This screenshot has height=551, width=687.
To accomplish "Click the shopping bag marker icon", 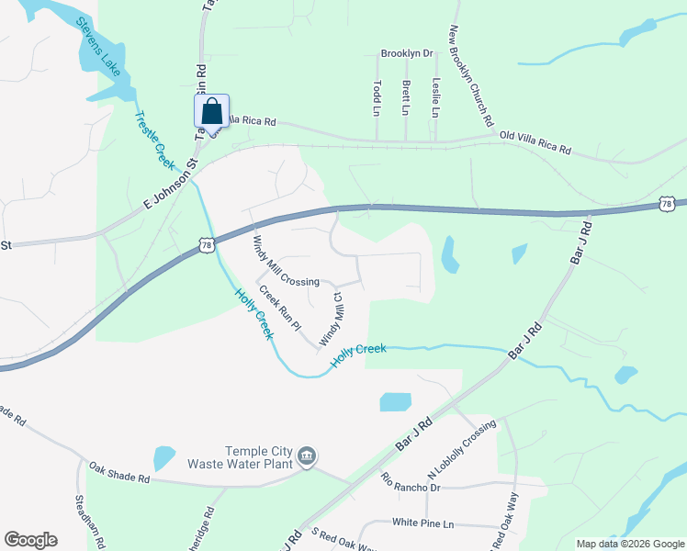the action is [211, 111].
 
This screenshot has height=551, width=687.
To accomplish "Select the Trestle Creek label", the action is [154, 140].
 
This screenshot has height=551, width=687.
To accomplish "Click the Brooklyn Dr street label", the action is [406, 54].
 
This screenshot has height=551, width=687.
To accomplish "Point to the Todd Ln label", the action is [377, 96].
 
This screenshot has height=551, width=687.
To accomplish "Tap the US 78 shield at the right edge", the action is [668, 203].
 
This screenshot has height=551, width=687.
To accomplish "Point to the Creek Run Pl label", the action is [280, 308].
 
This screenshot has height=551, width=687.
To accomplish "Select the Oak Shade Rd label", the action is [119, 473].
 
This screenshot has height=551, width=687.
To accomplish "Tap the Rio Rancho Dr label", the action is [411, 481].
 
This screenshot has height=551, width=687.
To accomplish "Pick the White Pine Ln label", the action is [423, 523].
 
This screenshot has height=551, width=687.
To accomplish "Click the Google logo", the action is [30, 540].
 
